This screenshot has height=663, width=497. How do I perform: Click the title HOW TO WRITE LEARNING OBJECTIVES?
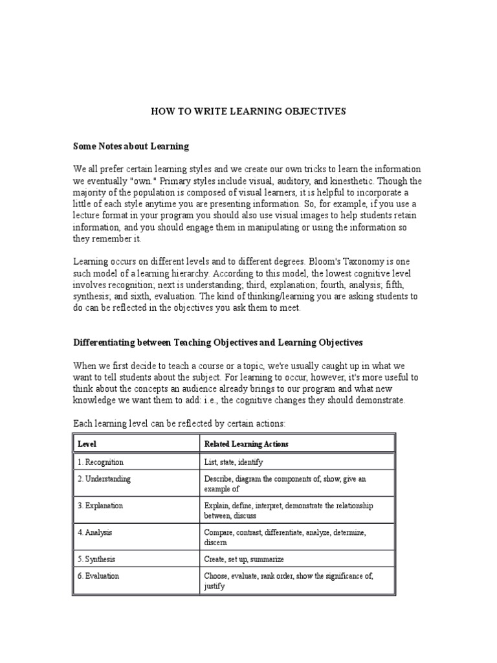coord(248,111)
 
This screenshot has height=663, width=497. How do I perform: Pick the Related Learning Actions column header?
coord(246,444)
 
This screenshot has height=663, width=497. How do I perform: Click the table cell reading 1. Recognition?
coord(100,462)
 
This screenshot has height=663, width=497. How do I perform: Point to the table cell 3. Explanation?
coord(100,506)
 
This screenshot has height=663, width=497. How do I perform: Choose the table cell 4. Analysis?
coord(94,532)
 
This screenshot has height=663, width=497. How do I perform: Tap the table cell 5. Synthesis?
coord(96,559)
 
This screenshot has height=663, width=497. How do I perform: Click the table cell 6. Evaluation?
coord(98,576)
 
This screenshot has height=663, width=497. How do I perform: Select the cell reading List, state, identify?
coord(234,462)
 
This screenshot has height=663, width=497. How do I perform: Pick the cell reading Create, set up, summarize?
coord(244,559)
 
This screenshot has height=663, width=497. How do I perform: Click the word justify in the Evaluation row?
coord(214,586)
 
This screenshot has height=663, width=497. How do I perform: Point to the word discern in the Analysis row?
coord(215,543)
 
